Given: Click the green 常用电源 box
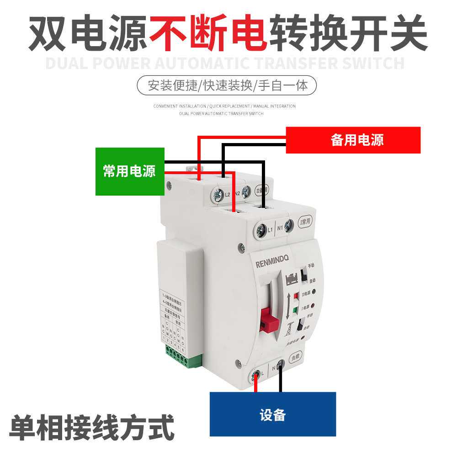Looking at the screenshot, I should (x=130, y=171).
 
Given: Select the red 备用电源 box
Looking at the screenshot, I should (x=353, y=140).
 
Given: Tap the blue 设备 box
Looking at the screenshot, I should (x=272, y=414).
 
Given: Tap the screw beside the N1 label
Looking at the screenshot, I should (x=289, y=225).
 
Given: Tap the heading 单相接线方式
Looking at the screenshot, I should (x=91, y=427).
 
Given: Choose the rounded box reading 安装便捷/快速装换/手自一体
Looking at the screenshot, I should (x=227, y=85).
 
